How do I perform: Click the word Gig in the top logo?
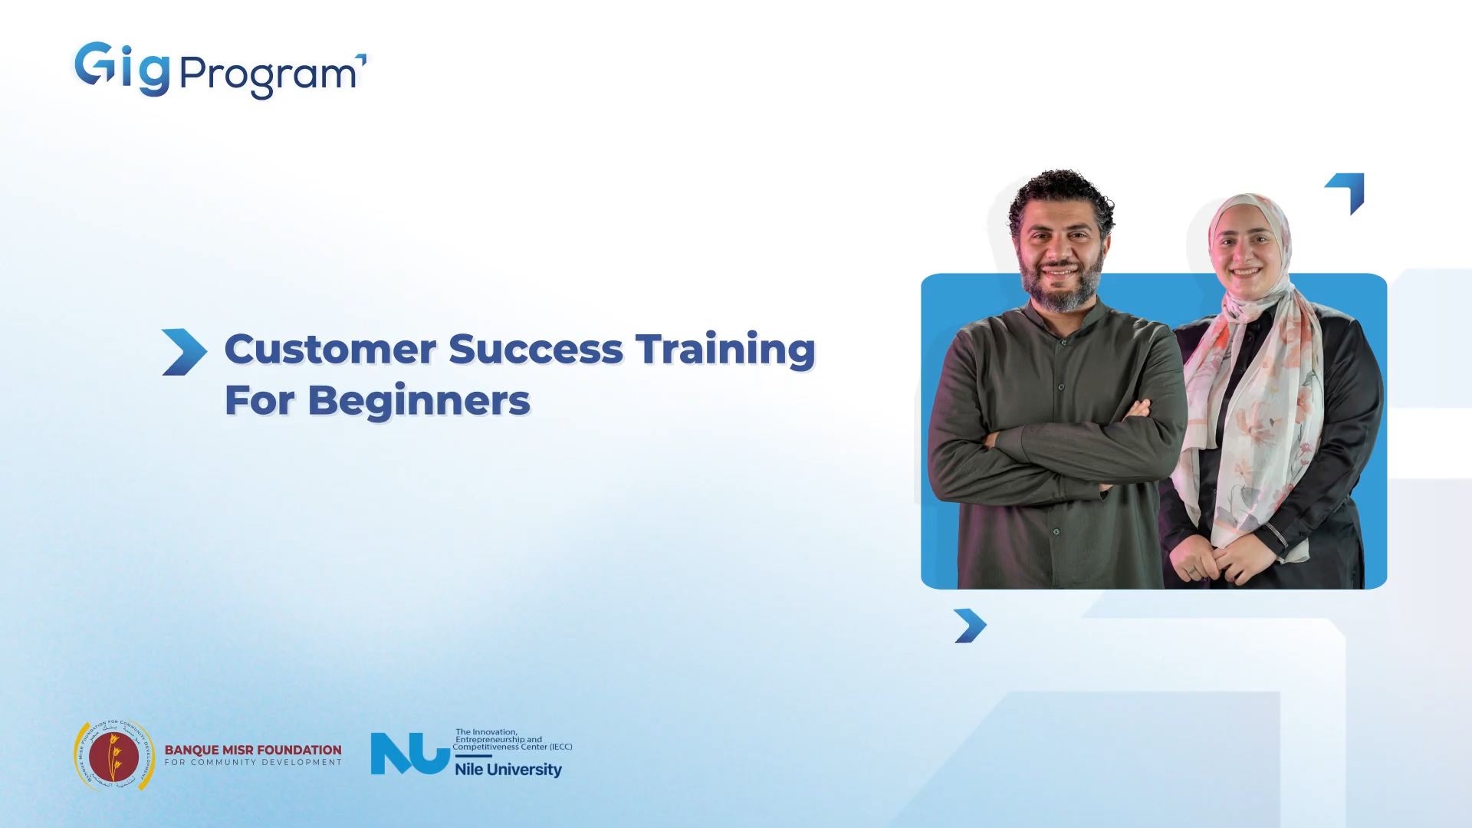[x=122, y=69]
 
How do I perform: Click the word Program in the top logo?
[x=268, y=75]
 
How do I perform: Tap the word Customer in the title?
[x=330, y=350]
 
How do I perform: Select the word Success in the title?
[x=535, y=350]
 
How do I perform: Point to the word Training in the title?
[x=724, y=350]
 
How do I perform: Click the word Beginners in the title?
[x=419, y=401]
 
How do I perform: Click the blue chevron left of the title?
[x=184, y=352]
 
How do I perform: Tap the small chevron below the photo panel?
[x=970, y=626]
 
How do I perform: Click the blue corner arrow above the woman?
[x=1347, y=191]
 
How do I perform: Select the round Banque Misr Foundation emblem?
[x=114, y=756]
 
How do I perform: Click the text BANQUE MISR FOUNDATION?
[x=253, y=750]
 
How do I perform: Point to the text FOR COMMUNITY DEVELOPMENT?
[x=253, y=763]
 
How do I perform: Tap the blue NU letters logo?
[x=409, y=754]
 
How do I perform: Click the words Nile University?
[x=508, y=769]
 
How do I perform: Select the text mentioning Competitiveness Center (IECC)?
[x=512, y=747]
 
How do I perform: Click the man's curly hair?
[x=1061, y=192]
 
